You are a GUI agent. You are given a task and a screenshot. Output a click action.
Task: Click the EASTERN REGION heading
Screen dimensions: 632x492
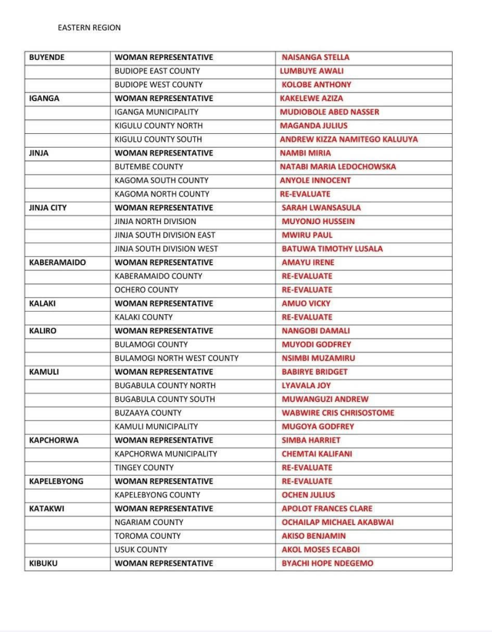click(89, 28)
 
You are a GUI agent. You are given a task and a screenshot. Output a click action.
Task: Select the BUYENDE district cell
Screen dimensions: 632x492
click(47, 57)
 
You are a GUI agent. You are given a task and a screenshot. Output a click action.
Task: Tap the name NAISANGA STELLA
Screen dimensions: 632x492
click(315, 57)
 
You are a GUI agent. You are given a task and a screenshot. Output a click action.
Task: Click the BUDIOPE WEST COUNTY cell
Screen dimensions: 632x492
click(158, 85)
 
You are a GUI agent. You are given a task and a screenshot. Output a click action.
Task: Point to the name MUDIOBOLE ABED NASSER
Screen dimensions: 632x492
click(329, 112)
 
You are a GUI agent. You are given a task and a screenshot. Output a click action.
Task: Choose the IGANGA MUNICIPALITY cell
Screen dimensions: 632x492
click(157, 112)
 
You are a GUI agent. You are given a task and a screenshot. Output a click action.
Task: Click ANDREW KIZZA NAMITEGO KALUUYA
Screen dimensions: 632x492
click(348, 139)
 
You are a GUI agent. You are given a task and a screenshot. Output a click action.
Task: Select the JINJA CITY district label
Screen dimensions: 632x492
click(48, 207)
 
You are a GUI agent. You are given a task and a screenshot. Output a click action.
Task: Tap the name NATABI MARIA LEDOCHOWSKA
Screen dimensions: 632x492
click(338, 167)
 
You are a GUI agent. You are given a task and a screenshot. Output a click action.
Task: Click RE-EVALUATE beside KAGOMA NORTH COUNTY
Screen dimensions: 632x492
click(305, 194)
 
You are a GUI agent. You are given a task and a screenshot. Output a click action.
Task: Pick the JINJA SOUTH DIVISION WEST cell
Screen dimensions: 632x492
click(166, 249)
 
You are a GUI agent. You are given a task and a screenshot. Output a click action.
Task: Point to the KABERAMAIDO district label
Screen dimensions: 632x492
click(58, 262)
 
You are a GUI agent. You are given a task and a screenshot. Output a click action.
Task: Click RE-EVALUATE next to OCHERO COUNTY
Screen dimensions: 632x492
click(307, 289)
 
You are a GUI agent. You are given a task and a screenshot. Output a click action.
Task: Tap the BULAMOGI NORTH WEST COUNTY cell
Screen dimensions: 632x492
click(176, 358)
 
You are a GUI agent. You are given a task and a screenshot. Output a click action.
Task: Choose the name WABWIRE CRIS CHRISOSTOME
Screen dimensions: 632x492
click(338, 413)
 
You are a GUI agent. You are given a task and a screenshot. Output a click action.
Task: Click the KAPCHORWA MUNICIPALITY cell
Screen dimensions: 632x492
click(166, 454)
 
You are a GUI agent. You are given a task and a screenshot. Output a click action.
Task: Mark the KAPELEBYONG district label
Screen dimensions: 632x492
click(56, 481)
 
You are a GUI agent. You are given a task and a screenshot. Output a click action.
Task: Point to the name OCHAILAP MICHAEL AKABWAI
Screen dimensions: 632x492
click(337, 522)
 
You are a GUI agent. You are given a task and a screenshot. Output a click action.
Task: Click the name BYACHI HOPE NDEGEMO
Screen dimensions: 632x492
click(327, 563)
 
